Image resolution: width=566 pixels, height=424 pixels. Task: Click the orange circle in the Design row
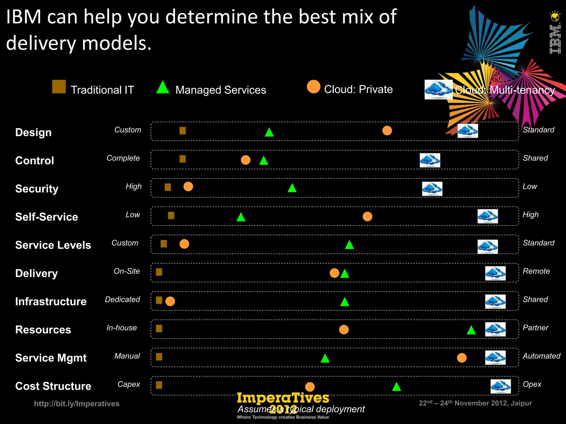pyautogui.click(x=387, y=130)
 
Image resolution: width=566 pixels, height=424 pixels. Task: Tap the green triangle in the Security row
pyautogui.click(x=292, y=188)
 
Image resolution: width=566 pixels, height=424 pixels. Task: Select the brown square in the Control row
pyautogui.click(x=182, y=159)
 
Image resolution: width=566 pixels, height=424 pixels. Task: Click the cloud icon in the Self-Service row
pyautogui.click(x=488, y=216)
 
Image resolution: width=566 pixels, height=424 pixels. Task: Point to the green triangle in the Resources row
pyautogui.click(x=471, y=330)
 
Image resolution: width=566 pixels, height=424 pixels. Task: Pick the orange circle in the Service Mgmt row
pyautogui.click(x=462, y=358)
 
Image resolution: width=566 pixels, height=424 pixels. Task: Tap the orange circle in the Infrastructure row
pyautogui.click(x=170, y=301)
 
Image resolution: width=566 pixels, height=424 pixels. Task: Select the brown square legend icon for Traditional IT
pyautogui.click(x=59, y=87)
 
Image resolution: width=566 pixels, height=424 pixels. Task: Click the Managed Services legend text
pyautogui.click(x=221, y=90)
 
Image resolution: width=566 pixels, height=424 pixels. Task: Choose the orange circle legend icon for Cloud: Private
pyautogui.click(x=313, y=87)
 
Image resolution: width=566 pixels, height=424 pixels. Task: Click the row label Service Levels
pyautogui.click(x=53, y=245)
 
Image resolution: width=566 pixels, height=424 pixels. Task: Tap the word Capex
pyautogui.click(x=129, y=384)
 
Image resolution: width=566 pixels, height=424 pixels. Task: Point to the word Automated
pyautogui.click(x=541, y=356)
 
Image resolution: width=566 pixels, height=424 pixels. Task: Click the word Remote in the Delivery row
pyautogui.click(x=536, y=271)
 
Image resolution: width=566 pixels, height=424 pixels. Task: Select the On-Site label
pyautogui.click(x=127, y=271)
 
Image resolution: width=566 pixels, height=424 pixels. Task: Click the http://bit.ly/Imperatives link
pyautogui.click(x=77, y=404)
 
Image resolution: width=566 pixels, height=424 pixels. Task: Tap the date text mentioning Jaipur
pyautogui.click(x=475, y=403)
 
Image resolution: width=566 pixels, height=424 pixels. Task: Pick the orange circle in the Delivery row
pyautogui.click(x=334, y=273)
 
